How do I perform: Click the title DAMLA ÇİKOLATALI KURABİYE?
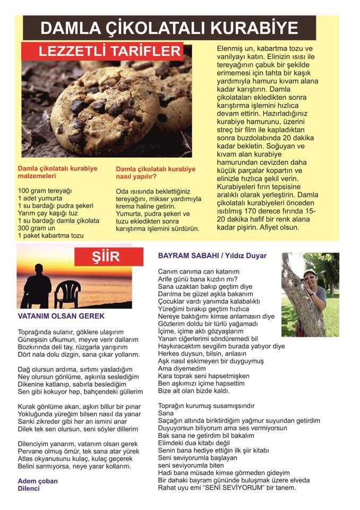[169, 28]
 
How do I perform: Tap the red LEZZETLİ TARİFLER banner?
[102, 52]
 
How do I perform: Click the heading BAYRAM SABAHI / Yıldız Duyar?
[212, 256]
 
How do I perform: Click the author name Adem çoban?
[38, 481]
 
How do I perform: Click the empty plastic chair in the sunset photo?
[67, 293]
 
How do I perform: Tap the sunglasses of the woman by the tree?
[310, 277]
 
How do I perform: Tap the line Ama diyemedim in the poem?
[182, 368]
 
